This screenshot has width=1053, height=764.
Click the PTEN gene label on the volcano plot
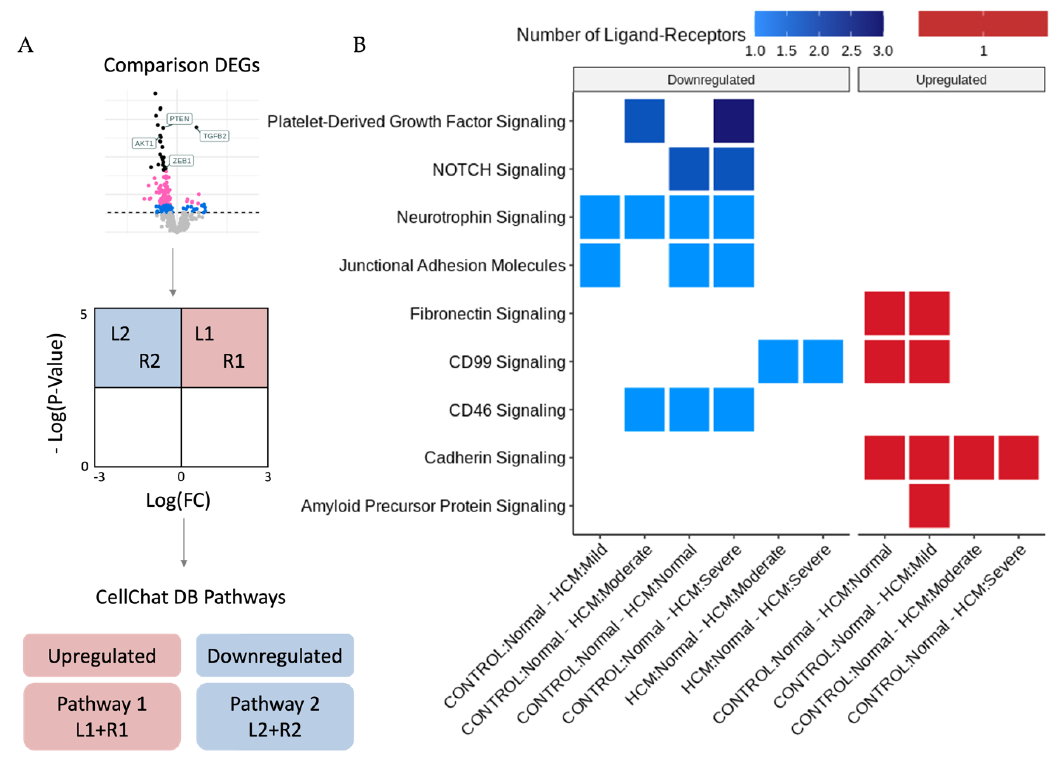pos(179,119)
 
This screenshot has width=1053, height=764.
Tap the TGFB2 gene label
pos(214,136)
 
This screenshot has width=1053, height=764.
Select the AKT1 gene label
pos(144,143)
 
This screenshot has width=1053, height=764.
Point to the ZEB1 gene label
pos(182,161)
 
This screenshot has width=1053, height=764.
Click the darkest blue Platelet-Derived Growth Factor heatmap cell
pos(734,121)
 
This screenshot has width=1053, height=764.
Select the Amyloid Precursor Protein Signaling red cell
pos(929,506)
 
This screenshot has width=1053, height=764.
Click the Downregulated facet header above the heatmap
pos(711,80)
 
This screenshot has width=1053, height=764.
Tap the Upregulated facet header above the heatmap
pos(951,80)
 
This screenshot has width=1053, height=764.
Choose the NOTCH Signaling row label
pos(499,170)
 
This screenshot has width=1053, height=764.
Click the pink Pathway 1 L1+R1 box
pos(102,716)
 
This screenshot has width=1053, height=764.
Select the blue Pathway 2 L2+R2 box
pos(275,716)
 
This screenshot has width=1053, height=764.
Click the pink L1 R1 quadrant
pos(224,347)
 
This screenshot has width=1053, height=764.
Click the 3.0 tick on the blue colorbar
pos(882,51)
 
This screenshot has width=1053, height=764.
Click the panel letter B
pos(359,45)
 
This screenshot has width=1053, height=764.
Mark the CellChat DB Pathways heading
pos(190,597)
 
